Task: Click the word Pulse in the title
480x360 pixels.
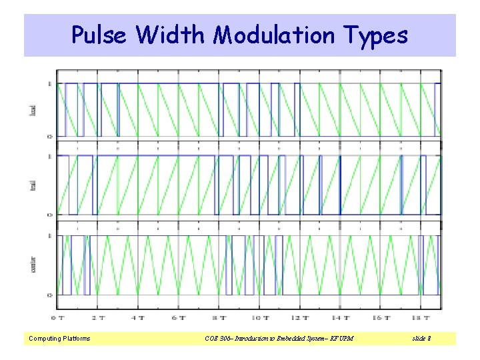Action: [99, 35]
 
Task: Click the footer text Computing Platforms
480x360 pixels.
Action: [59, 339]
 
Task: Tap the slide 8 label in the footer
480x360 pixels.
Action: [421, 339]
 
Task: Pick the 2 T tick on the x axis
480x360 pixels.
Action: [99, 318]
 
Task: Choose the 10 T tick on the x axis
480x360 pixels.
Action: [261, 318]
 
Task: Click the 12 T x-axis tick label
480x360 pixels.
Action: [301, 318]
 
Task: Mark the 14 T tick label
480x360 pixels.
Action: [342, 318]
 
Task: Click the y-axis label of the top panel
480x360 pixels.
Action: [33, 109]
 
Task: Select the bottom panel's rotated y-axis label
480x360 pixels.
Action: [33, 264]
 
